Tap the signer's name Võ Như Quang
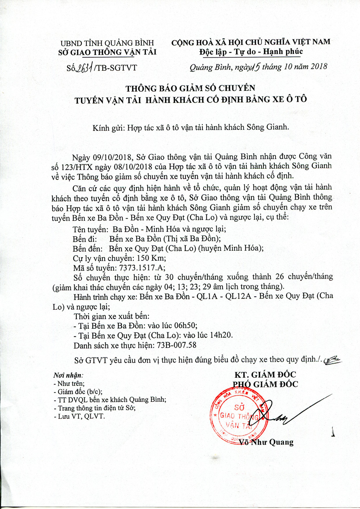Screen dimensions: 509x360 [x=266, y=442]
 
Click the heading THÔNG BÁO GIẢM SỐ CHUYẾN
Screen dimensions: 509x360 [x=190, y=88]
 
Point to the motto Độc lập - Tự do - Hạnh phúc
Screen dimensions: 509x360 [x=251, y=52]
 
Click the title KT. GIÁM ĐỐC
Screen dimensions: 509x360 [x=265, y=375]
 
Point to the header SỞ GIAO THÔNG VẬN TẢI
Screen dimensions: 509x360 [x=107, y=52]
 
